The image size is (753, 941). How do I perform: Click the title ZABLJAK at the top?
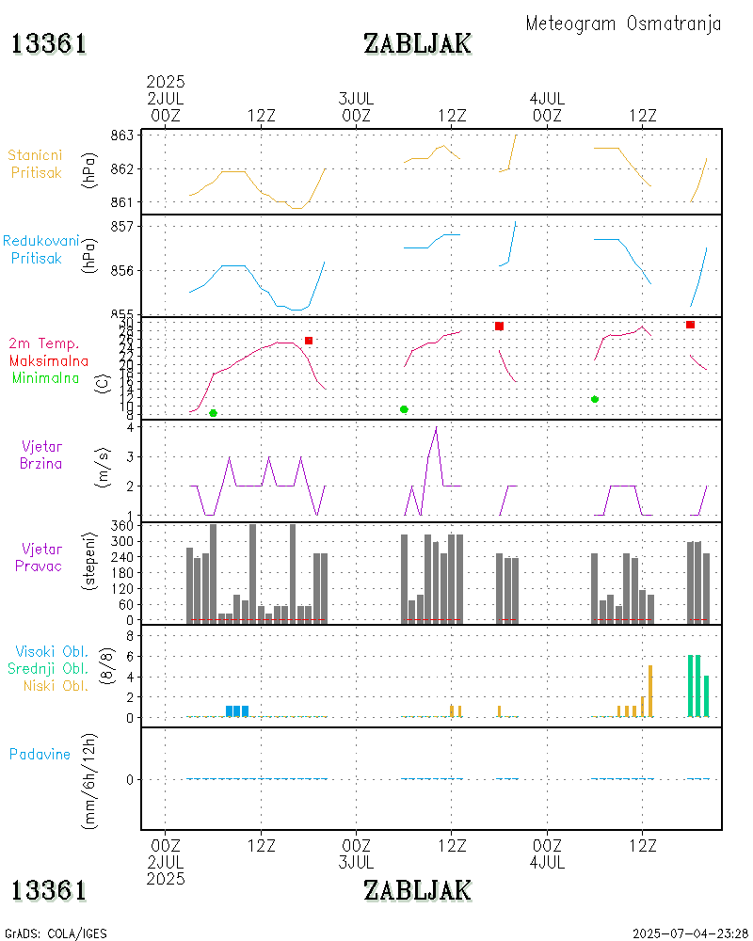417,43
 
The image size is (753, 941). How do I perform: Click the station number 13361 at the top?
49,43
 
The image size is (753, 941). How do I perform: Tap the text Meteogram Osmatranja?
623,24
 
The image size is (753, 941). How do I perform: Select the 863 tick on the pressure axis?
123,136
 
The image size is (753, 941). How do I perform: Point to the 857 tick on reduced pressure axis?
123,227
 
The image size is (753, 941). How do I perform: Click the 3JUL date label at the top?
356,98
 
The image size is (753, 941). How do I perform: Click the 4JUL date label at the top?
547,98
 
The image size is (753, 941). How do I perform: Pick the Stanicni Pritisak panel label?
37,164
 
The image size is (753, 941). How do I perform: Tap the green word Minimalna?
46,377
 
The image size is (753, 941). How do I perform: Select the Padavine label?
40,754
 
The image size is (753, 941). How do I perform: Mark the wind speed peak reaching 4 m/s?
436,428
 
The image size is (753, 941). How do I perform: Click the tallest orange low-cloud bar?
650,691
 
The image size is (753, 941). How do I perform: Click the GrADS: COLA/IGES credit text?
56,933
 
